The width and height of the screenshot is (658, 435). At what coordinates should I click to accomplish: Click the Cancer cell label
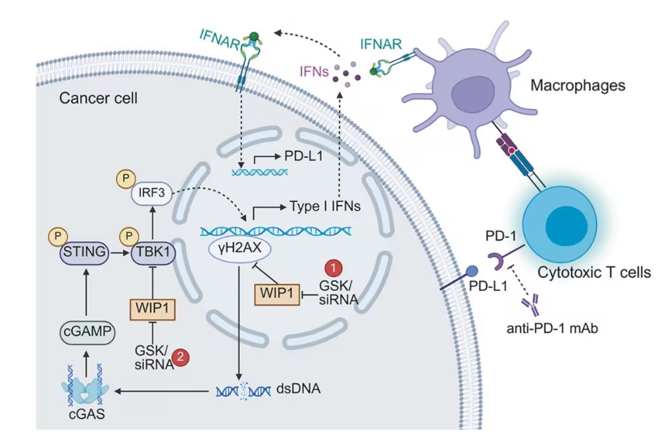pos(98,99)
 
